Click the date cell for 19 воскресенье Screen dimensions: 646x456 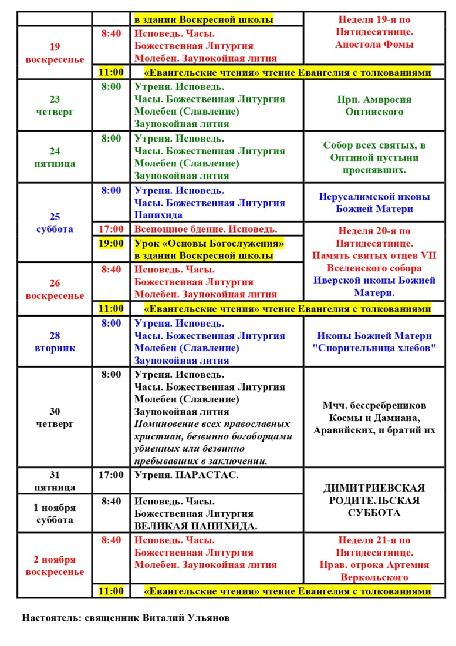click(x=55, y=53)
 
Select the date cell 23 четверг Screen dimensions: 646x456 click(x=55, y=105)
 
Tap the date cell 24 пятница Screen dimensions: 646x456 click(x=55, y=157)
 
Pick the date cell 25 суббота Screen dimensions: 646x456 click(x=55, y=223)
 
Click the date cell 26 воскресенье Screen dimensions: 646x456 click(x=55, y=289)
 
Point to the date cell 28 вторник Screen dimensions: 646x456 click(x=55, y=342)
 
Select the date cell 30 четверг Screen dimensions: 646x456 click(x=55, y=417)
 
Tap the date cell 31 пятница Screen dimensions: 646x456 click(x=55, y=481)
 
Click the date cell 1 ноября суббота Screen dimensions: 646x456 click(x=55, y=513)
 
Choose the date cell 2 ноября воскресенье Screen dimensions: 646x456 click(x=55, y=566)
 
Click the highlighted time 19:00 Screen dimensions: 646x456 click(x=111, y=243)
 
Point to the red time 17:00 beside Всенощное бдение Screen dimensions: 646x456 click(x=111, y=229)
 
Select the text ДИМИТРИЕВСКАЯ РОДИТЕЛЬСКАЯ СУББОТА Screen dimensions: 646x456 click(x=374, y=500)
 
